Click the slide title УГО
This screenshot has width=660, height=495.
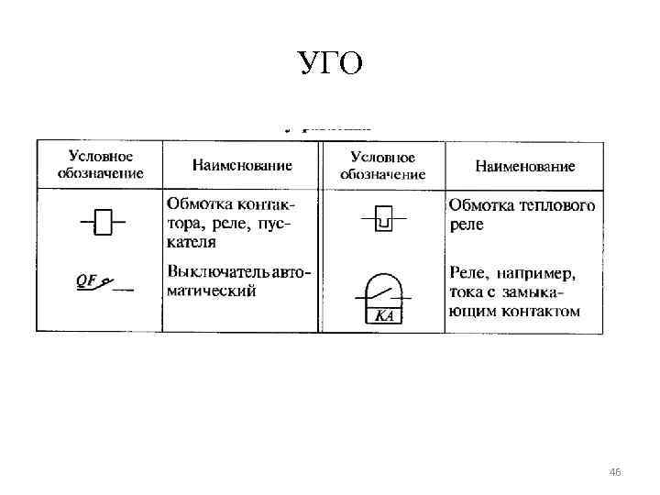coord(330,63)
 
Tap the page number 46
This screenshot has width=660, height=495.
coord(614,472)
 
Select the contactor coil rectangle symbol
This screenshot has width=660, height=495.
coord(104,222)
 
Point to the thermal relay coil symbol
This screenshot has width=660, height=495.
coord(384,219)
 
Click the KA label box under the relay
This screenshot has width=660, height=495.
coord(384,316)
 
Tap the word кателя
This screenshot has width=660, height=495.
coord(192,242)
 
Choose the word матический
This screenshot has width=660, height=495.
coord(212,291)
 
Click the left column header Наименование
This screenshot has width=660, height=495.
coord(242,166)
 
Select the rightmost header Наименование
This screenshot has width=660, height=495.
coord(525,166)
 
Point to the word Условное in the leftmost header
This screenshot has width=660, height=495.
coord(101,158)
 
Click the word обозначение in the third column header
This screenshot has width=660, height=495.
coord(383,174)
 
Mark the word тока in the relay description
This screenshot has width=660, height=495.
coord(467,292)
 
